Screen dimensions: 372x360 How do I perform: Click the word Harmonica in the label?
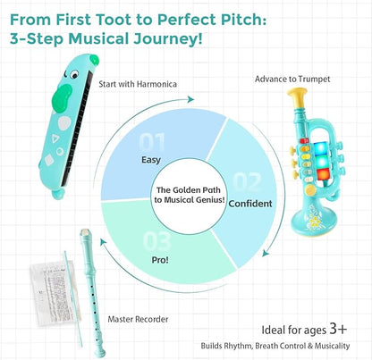coord(156,84)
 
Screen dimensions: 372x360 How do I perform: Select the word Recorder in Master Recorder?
coord(152,320)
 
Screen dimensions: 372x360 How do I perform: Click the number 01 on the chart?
coord(152,142)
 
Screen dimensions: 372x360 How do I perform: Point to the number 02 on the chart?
coord(248,181)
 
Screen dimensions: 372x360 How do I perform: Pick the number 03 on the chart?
coord(157,240)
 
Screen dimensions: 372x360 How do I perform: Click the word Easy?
coord(151,160)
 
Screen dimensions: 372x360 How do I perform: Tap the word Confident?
coord(250,204)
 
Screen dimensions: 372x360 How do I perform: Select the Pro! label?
coord(160,260)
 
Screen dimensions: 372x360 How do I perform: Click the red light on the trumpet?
coord(323,174)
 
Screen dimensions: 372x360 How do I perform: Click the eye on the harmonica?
coord(75,73)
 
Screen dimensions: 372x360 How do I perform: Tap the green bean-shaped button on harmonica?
coord(62,98)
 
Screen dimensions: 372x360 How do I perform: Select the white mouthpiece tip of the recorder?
coord(85,231)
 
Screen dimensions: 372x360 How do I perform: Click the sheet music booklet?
coord(55,293)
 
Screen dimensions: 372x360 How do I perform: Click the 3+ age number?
coord(338,329)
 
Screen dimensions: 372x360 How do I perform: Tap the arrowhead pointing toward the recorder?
coord(103,242)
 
